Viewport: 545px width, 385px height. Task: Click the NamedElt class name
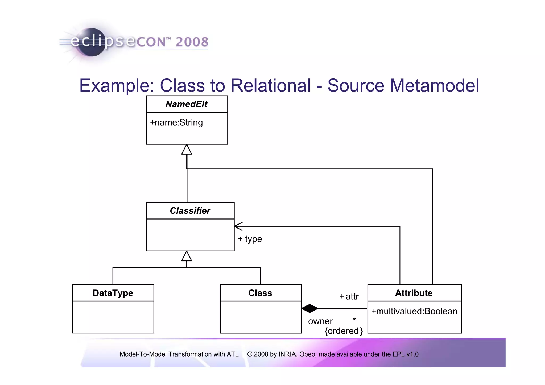click(x=186, y=104)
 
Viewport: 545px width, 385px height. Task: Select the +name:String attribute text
click(x=176, y=122)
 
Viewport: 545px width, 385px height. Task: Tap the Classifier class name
click(x=190, y=211)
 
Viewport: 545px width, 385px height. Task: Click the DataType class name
click(x=113, y=293)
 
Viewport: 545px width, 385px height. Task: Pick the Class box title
click(x=260, y=293)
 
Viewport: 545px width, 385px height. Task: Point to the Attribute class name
click(x=414, y=293)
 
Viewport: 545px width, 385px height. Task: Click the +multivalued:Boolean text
click(x=414, y=311)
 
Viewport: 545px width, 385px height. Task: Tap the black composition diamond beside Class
click(x=310, y=309)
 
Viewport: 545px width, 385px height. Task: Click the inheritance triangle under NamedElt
click(x=187, y=150)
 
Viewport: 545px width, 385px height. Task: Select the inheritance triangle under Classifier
click(x=187, y=256)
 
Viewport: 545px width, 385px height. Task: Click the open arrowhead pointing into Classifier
click(x=238, y=226)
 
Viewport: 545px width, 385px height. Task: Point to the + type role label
click(x=250, y=239)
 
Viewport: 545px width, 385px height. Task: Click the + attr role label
click(x=349, y=296)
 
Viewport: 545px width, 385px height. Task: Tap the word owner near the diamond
click(x=320, y=321)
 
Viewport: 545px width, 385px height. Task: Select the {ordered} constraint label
click(x=344, y=331)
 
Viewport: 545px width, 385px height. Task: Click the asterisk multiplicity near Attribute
click(x=354, y=319)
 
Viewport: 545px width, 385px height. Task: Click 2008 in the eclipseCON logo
click(x=192, y=42)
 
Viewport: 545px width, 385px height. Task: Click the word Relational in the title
click(x=270, y=86)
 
